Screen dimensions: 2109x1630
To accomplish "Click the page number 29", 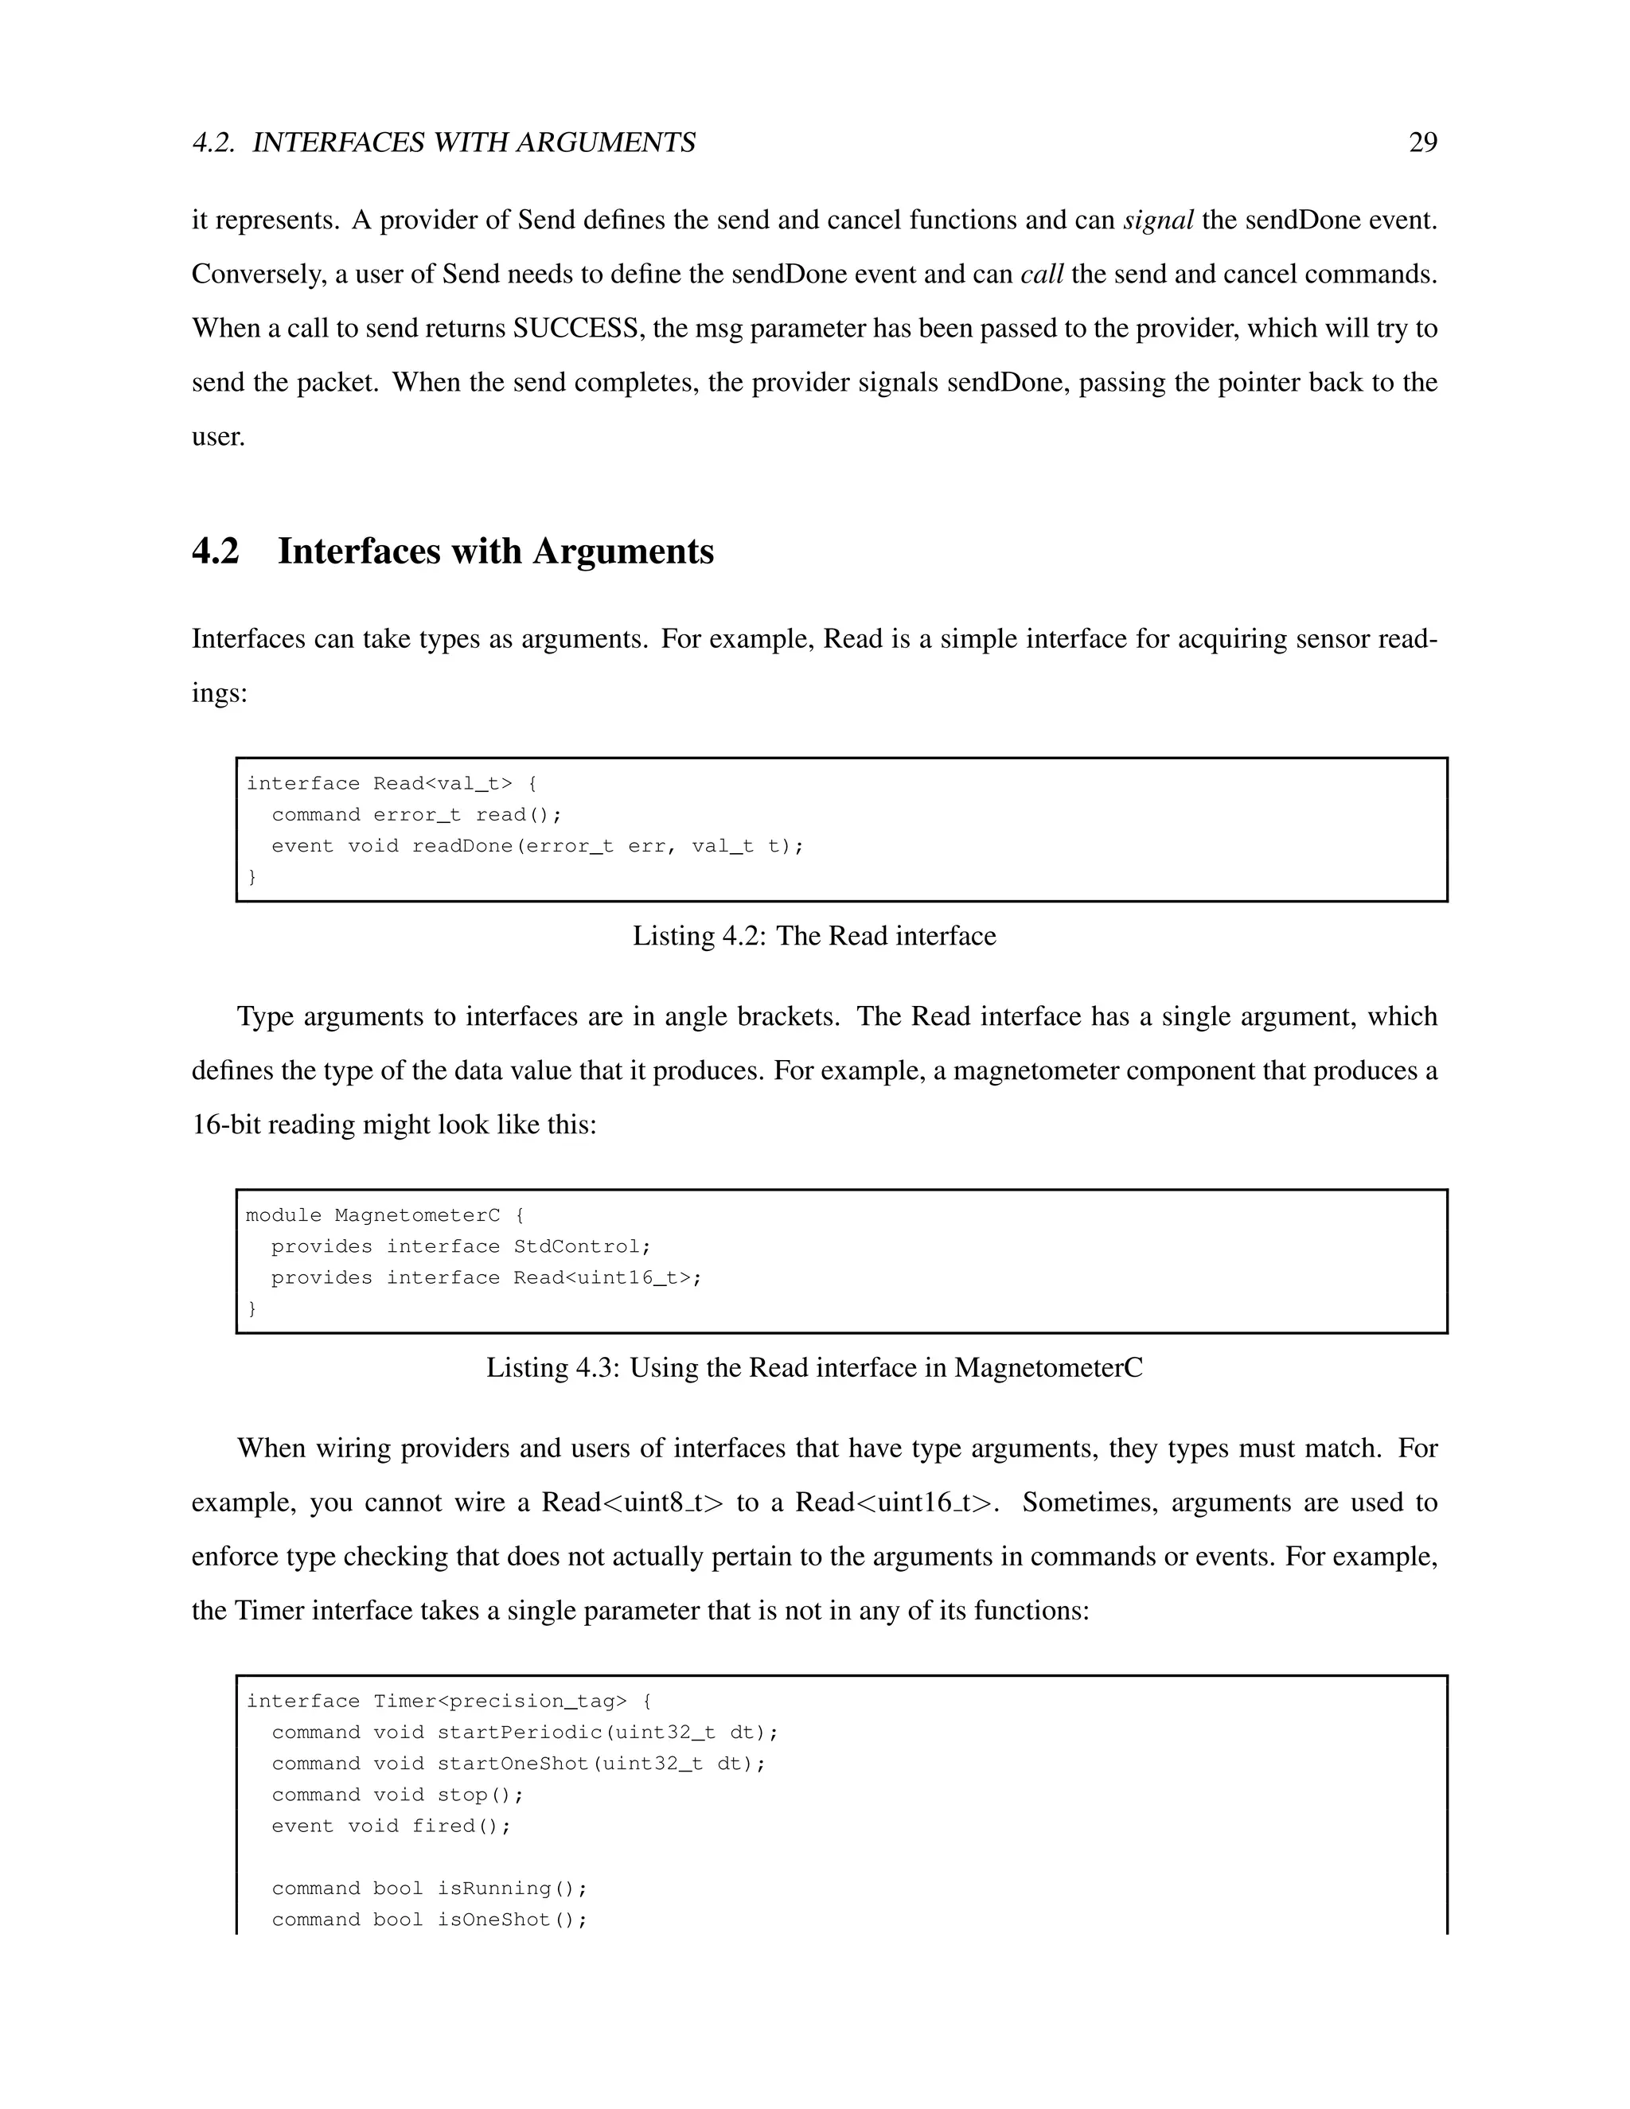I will click(1422, 143).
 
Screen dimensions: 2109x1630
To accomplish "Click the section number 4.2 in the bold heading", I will click(216, 552).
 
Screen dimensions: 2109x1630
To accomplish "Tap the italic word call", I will click(1041, 275).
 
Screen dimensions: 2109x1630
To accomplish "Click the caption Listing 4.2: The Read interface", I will click(814, 936).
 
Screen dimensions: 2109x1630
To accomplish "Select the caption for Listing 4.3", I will click(814, 1367).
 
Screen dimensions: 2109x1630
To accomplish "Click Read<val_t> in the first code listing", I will click(443, 783).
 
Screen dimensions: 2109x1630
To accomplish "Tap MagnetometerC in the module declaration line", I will click(417, 1214).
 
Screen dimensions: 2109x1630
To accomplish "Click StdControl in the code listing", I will click(576, 1246).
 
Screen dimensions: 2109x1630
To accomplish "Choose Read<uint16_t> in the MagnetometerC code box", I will click(602, 1277).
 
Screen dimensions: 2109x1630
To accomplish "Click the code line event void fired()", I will click(390, 1826).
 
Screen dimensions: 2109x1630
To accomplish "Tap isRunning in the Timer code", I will click(493, 1888).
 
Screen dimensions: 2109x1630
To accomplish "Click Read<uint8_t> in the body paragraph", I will click(631, 1503).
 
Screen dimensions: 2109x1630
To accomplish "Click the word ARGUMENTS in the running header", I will click(606, 143).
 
